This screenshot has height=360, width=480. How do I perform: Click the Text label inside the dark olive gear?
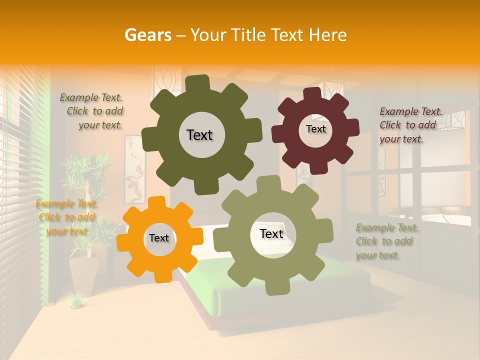coord(199,135)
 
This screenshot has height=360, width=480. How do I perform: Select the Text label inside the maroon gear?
coord(315,129)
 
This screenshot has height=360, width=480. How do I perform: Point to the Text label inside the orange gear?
coord(159,238)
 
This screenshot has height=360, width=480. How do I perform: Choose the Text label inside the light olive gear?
coord(271,233)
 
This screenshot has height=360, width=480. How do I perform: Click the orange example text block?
coord(66,217)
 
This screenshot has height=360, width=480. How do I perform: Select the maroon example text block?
coord(410,125)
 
